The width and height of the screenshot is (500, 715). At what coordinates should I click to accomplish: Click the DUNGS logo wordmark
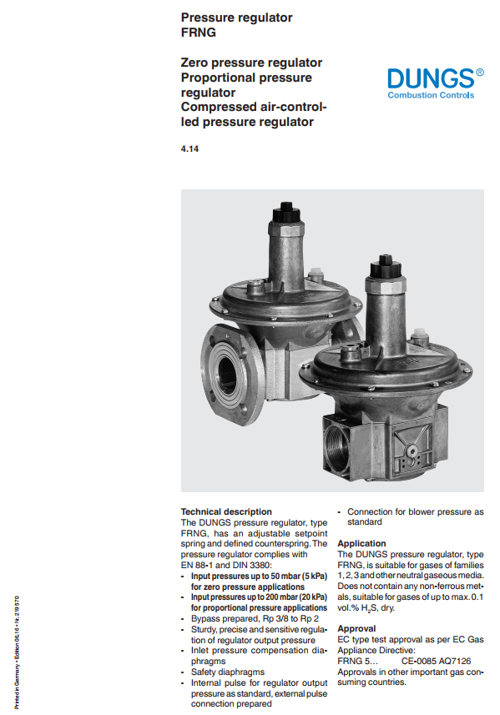[431, 78]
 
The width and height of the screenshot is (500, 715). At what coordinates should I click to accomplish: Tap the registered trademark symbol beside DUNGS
[479, 72]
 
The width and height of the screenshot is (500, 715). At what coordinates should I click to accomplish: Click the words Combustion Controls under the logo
[431, 95]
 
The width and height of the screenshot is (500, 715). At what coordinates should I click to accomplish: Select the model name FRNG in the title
[199, 33]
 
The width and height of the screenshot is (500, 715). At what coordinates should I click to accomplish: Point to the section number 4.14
[189, 149]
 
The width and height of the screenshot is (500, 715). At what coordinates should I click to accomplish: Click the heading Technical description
[226, 511]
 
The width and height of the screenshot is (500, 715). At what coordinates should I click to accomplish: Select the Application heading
[361, 543]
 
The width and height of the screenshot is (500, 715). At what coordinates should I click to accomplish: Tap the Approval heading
[356, 628]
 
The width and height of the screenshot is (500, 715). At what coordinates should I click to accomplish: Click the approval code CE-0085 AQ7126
[436, 661]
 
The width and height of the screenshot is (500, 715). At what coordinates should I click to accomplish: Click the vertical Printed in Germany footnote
[17, 652]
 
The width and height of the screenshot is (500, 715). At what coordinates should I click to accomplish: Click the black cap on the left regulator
[286, 214]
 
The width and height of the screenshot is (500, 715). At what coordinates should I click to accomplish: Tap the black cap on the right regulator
[385, 267]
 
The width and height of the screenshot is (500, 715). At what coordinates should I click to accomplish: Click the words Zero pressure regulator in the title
[251, 63]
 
